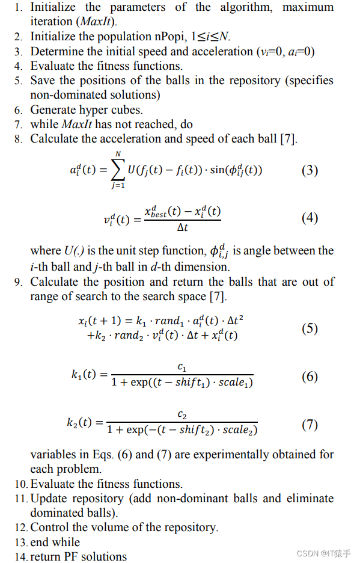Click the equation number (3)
click(x=310, y=170)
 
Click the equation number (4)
click(x=310, y=218)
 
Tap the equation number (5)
click(x=310, y=328)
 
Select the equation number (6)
click(x=310, y=377)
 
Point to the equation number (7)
click(x=310, y=425)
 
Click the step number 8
click(x=19, y=139)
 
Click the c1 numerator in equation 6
click(x=182, y=366)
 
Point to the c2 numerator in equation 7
click(x=182, y=414)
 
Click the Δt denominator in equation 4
click(x=183, y=228)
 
